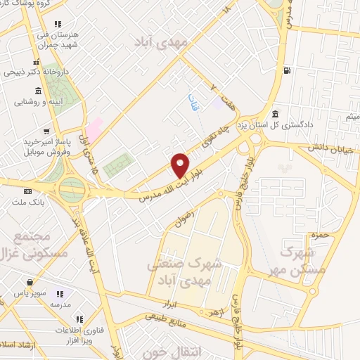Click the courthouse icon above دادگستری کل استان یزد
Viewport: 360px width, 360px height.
[275, 115]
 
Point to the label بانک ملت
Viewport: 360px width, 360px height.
[27, 202]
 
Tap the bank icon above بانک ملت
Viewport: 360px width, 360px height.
[27, 191]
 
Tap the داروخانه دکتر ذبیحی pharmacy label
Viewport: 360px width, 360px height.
[35, 71]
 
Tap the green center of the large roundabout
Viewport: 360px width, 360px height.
[72, 188]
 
